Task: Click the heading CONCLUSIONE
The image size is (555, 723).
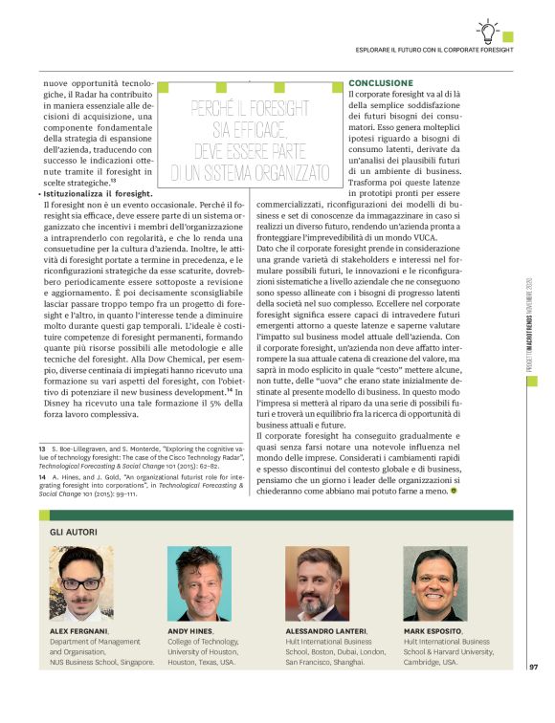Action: tap(381, 84)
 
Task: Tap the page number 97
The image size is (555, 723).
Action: tap(533, 694)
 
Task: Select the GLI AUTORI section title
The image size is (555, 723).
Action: tap(73, 530)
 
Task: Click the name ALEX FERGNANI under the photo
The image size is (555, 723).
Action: tap(78, 632)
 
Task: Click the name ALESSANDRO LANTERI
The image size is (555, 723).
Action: tap(324, 632)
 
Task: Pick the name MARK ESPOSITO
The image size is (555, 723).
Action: tap(434, 632)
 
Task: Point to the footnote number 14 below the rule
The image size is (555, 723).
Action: tap(43, 474)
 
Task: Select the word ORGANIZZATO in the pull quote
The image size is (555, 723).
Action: tap(285, 173)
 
